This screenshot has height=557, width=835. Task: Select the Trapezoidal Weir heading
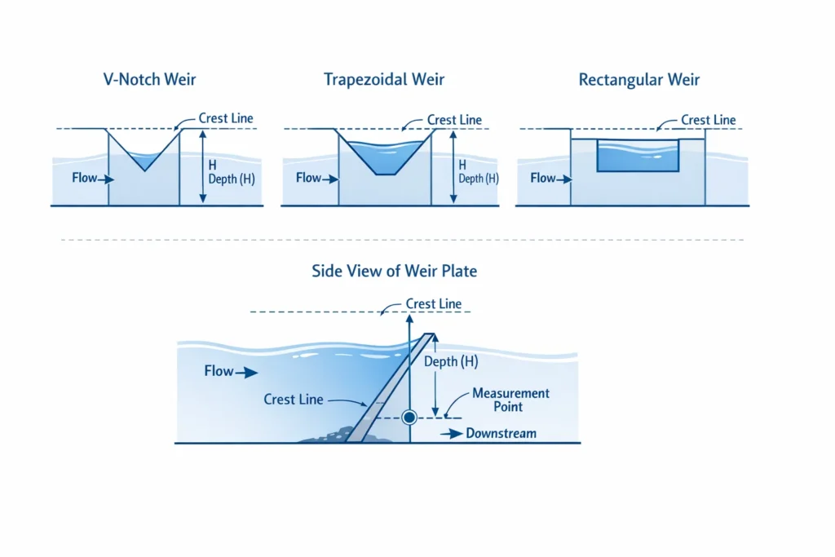pyautogui.click(x=384, y=80)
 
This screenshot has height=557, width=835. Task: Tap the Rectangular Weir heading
pyautogui.click(x=639, y=80)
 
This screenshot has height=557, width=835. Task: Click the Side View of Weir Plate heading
pyautogui.click(x=394, y=272)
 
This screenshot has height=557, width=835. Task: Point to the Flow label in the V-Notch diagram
pyautogui.click(x=84, y=178)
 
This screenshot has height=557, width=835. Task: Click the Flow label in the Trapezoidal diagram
pyautogui.click(x=308, y=178)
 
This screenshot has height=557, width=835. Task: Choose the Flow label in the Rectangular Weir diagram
pyautogui.click(x=542, y=178)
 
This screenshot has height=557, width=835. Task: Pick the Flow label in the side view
pyautogui.click(x=219, y=371)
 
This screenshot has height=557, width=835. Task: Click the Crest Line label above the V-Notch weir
pyautogui.click(x=226, y=119)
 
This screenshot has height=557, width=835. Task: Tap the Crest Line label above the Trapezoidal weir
pyautogui.click(x=454, y=120)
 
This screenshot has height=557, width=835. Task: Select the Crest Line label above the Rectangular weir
pyautogui.click(x=708, y=120)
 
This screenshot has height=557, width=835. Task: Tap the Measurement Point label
pyautogui.click(x=511, y=400)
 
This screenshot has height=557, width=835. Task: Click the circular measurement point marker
pyautogui.click(x=409, y=417)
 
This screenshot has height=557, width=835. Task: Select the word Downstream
pyautogui.click(x=501, y=433)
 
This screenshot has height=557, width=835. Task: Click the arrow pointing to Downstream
pyautogui.click(x=451, y=434)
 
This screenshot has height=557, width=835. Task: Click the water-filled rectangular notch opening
pyautogui.click(x=638, y=156)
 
